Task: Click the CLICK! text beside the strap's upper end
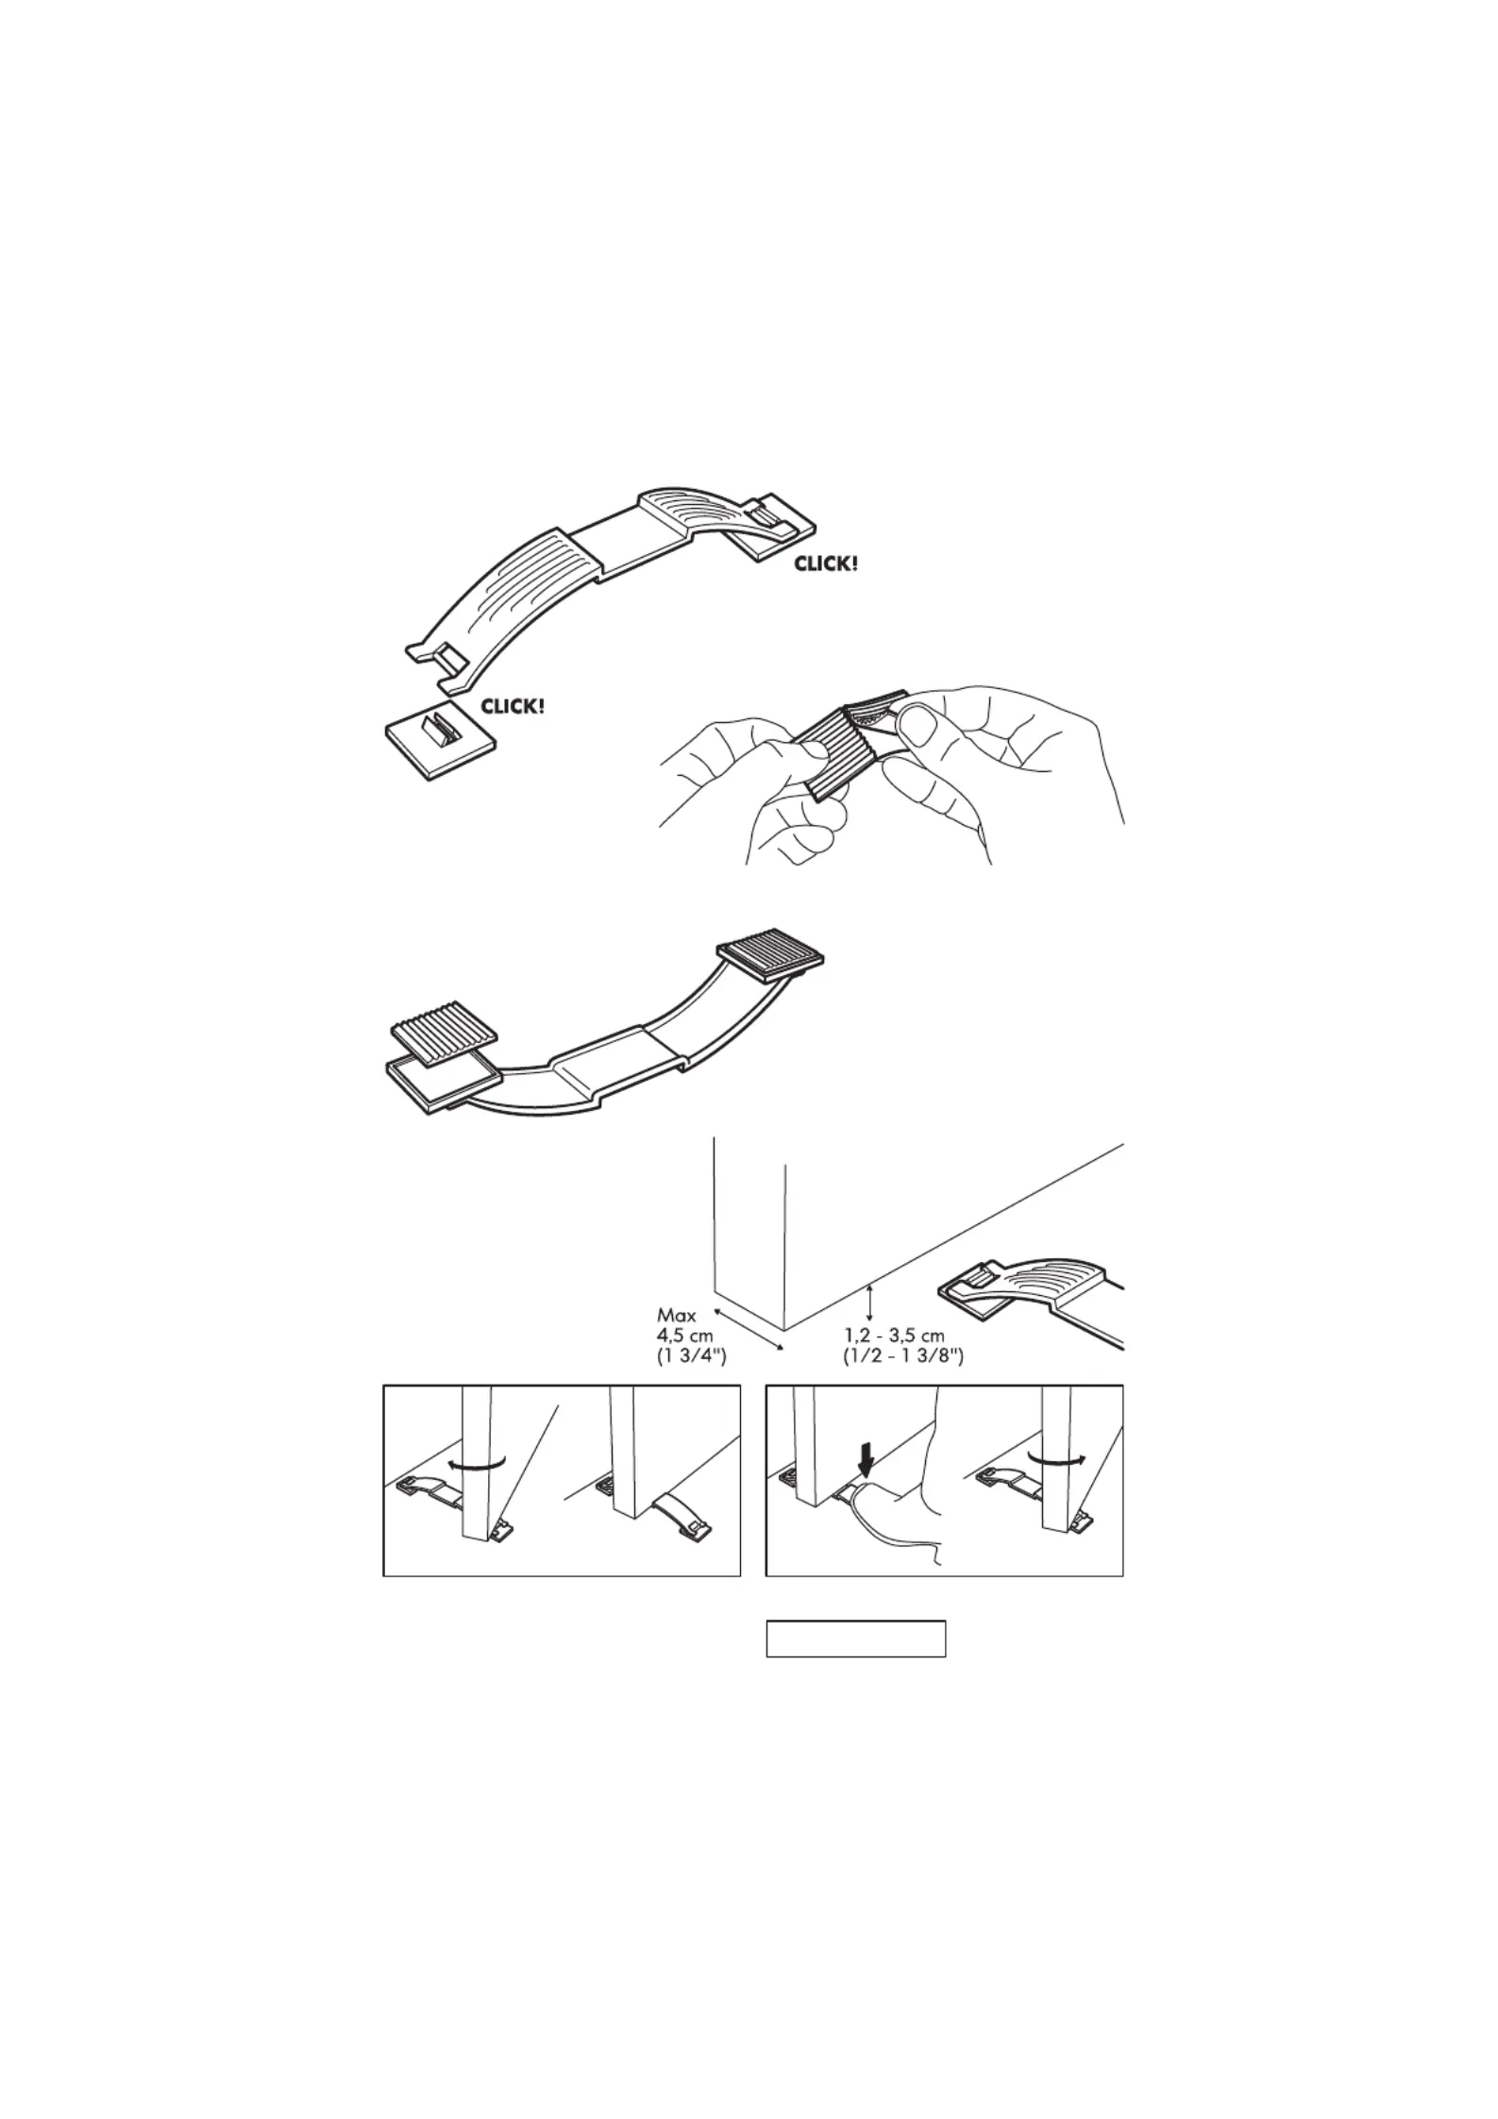827,564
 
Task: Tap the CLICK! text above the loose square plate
513,705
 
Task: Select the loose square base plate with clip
441,746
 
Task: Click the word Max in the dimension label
676,1316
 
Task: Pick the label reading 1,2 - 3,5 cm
894,1337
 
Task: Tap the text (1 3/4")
691,1357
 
